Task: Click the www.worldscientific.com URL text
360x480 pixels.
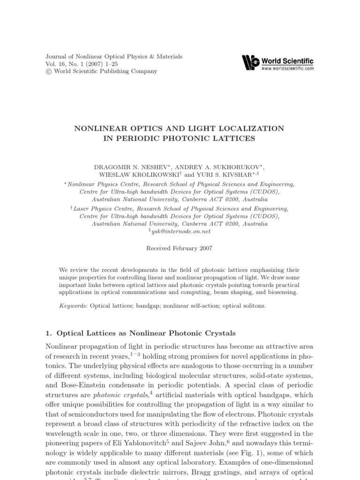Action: point(288,68)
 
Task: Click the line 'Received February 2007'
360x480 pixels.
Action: point(180,248)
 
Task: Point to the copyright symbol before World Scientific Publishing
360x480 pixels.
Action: point(48,72)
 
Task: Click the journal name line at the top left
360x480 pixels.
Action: point(114,56)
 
